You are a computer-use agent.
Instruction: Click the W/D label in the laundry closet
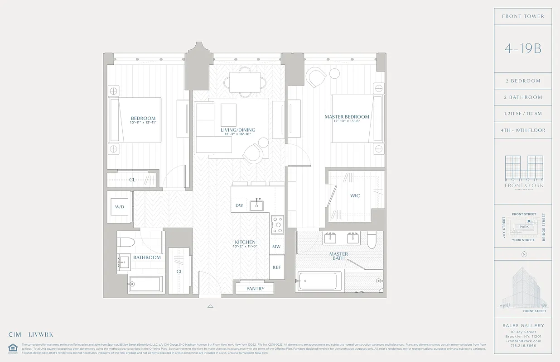click(120, 207)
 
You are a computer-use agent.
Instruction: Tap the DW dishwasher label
click(239, 205)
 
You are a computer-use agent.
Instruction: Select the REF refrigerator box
click(277, 267)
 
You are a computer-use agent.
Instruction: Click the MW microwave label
click(276, 247)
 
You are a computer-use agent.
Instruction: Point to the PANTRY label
click(255, 289)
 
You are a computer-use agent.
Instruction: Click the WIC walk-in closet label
click(355, 196)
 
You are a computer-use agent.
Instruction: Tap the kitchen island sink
click(257, 205)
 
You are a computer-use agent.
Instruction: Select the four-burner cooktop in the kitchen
click(277, 224)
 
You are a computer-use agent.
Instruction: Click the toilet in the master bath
click(372, 240)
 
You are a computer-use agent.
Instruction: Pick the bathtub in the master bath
click(319, 281)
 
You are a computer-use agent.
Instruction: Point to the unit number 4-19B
click(523, 49)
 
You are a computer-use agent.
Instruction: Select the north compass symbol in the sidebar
click(524, 254)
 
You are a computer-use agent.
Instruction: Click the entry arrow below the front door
click(210, 306)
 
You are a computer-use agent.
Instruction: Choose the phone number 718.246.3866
click(523, 345)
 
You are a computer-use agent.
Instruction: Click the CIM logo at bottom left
click(15, 335)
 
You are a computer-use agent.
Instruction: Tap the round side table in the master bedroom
click(334, 73)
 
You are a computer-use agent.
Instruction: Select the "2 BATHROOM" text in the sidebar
click(523, 97)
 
